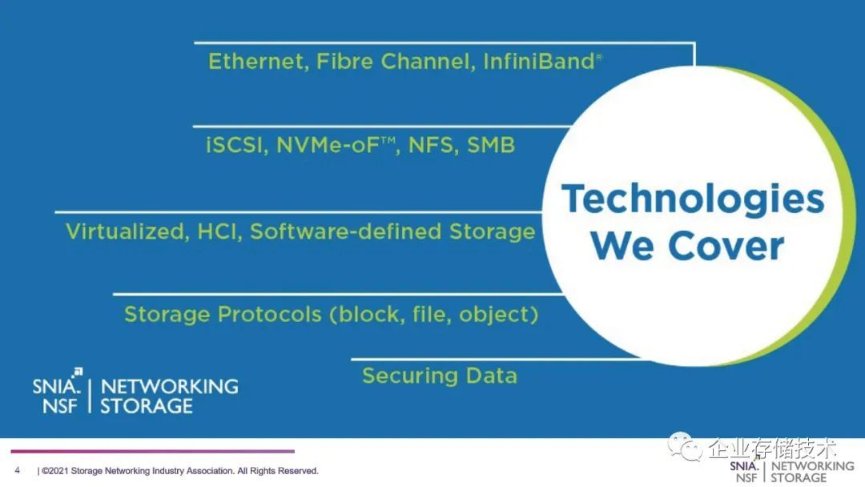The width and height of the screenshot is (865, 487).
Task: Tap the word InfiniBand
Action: click(x=539, y=61)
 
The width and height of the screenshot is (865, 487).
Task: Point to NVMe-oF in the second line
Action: click(x=328, y=145)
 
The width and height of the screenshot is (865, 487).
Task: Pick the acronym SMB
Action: click(x=491, y=145)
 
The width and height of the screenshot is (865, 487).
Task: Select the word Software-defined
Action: click(x=346, y=231)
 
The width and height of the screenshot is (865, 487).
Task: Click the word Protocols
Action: click(x=270, y=314)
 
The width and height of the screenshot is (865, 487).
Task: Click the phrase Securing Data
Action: click(x=440, y=376)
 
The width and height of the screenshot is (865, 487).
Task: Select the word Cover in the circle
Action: click(x=726, y=245)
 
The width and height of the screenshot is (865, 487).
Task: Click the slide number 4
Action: click(x=18, y=470)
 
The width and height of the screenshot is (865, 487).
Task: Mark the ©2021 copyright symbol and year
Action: click(x=55, y=471)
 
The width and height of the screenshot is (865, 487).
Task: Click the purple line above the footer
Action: click(x=153, y=451)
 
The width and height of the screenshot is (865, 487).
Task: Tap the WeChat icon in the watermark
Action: click(x=685, y=447)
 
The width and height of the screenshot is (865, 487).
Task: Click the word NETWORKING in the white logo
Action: click(x=169, y=386)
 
